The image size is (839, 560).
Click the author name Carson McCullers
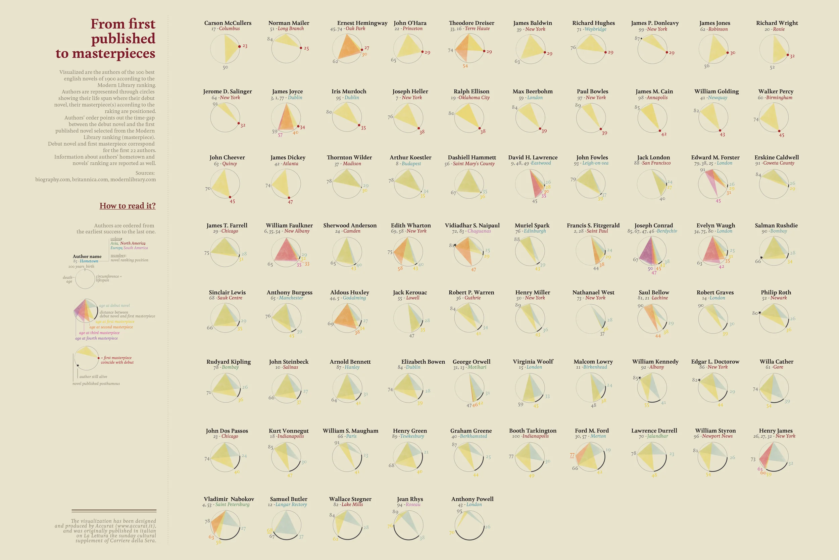coord(228,23)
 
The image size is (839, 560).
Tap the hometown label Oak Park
coord(355,29)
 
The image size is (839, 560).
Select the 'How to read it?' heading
coord(128,206)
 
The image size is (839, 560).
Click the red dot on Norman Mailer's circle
coord(301,48)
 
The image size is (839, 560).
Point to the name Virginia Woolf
coord(533,361)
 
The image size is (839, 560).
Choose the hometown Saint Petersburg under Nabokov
coord(232,504)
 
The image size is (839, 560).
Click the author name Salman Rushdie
coord(776,225)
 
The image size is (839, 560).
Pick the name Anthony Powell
coord(472,499)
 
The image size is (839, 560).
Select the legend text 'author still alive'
coord(93,376)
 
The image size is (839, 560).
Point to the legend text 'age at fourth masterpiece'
coord(96,338)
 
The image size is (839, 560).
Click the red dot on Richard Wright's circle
coord(788,55)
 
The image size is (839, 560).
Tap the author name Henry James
coord(776,430)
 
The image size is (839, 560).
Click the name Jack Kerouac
coord(410,292)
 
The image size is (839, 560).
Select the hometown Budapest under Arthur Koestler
coord(411,164)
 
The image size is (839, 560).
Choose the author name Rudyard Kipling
coord(229,361)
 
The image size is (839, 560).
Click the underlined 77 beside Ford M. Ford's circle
coord(572,455)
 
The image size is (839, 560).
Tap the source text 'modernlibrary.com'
coord(133,179)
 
